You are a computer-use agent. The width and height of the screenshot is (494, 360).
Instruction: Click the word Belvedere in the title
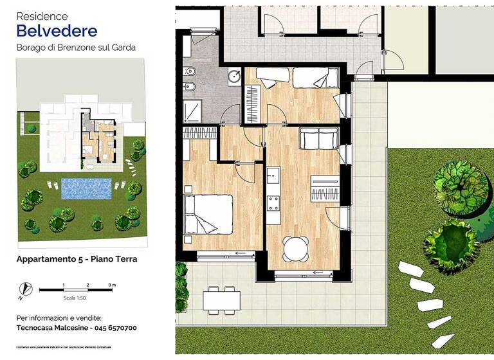(57, 30)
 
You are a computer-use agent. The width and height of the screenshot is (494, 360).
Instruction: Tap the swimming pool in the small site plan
(86, 188)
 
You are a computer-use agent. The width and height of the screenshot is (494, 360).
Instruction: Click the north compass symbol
(25, 289)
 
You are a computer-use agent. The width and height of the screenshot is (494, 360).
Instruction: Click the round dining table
(295, 248)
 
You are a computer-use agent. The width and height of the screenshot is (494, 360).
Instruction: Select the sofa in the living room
(318, 139)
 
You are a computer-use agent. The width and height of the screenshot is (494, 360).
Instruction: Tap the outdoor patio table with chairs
(220, 300)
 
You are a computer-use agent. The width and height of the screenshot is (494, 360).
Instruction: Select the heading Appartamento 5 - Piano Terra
(77, 259)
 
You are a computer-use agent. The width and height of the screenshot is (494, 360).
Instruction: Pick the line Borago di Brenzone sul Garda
(76, 47)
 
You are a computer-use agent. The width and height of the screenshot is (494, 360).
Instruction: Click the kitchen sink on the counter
(273, 174)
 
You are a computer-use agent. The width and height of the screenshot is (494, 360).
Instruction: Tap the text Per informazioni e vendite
(59, 318)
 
